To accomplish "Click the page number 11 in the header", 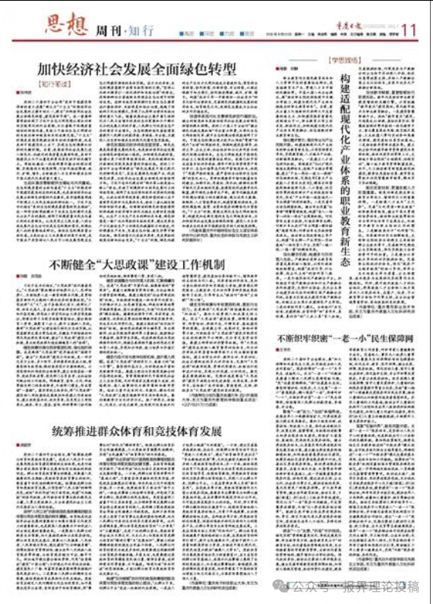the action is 409,30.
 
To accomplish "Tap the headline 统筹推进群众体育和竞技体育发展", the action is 138,432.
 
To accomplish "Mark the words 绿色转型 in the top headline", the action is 206,70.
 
